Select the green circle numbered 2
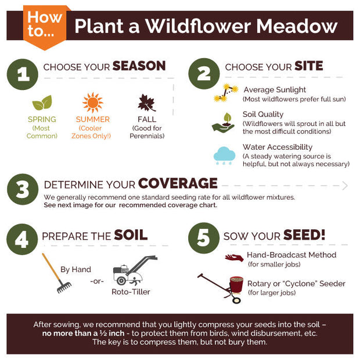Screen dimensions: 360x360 204,74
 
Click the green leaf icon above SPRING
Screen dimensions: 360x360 42,103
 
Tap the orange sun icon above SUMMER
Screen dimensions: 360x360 92,103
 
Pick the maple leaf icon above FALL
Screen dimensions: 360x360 147,103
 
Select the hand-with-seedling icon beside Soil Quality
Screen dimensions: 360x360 224,123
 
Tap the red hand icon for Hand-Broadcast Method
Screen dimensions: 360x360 234,258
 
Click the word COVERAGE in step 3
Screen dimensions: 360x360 178,183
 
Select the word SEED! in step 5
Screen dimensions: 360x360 304,235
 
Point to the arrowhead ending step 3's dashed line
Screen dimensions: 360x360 345,186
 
